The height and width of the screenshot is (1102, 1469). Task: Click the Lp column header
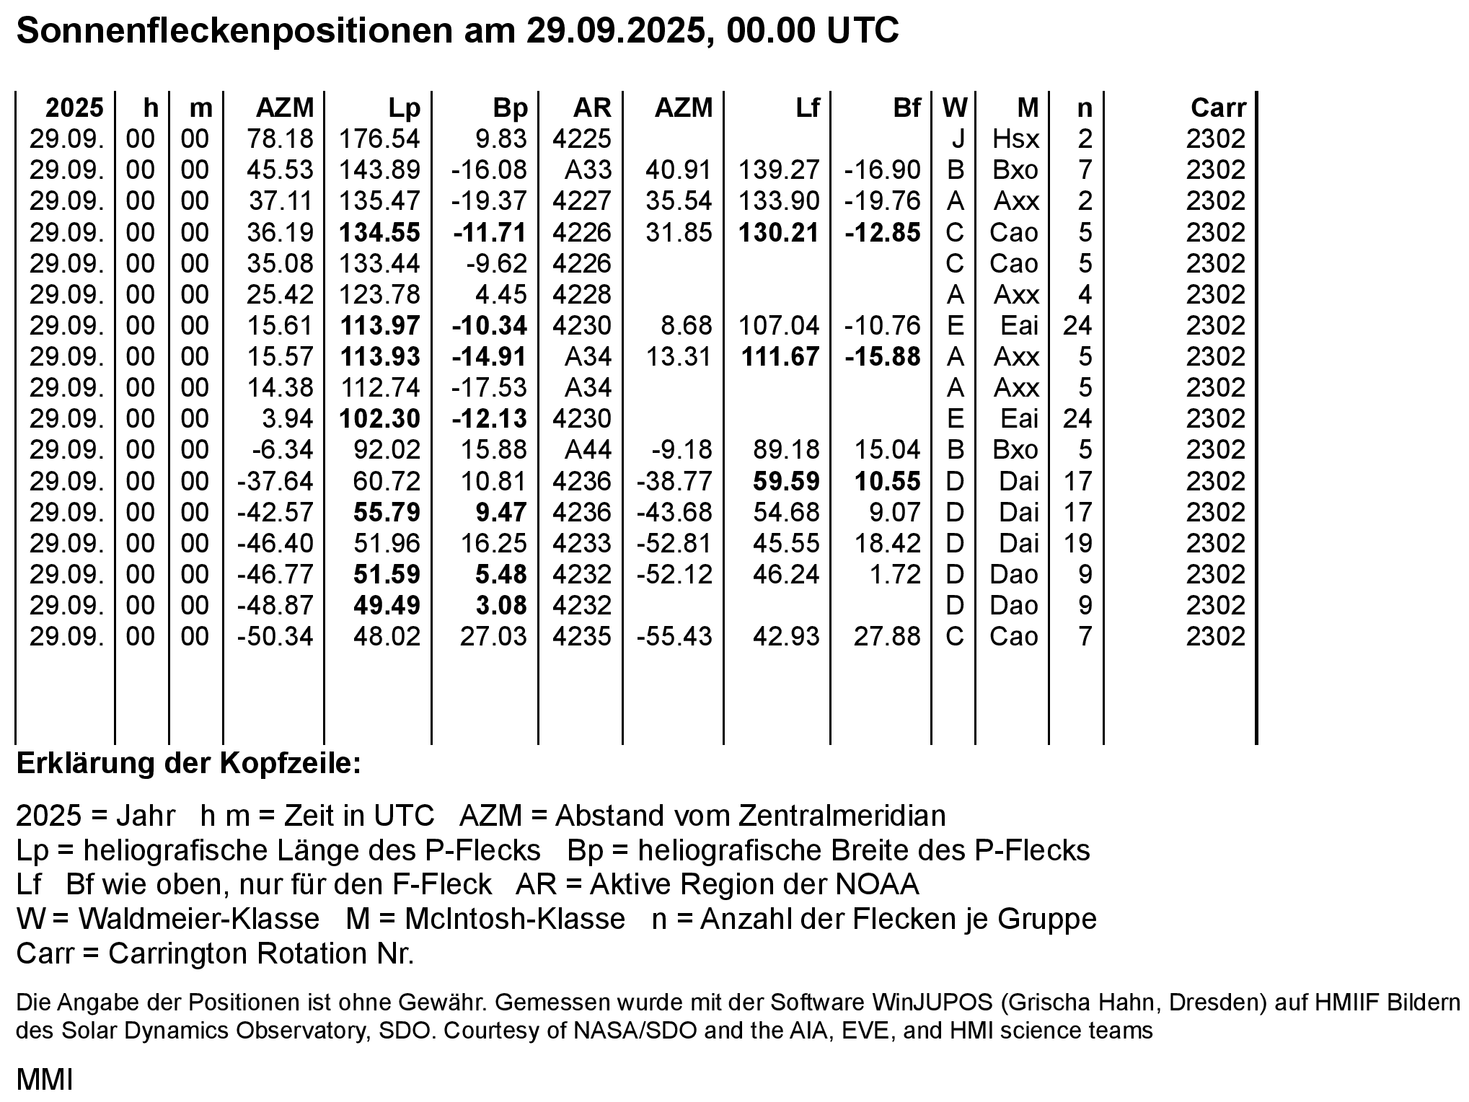(x=404, y=107)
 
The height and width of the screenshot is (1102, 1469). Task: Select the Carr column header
(x=1218, y=107)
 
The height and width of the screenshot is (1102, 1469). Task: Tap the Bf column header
(x=906, y=107)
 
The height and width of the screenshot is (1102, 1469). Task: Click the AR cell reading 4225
(x=581, y=138)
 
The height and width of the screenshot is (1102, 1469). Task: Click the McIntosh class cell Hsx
(x=1015, y=138)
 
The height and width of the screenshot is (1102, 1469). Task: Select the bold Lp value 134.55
(x=379, y=232)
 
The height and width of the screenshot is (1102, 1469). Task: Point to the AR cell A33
(x=588, y=170)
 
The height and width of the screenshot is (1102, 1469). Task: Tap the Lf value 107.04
(x=779, y=325)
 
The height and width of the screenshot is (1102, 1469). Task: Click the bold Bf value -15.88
(x=883, y=356)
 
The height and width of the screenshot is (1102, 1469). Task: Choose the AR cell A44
(x=588, y=449)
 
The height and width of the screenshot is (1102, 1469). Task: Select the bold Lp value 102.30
(x=379, y=418)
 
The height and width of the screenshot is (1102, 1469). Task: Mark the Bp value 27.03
(x=493, y=636)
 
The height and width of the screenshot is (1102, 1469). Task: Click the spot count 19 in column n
(x=1077, y=543)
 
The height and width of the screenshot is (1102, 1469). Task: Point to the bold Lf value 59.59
(x=786, y=481)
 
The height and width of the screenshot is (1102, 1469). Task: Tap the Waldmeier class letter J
(x=958, y=138)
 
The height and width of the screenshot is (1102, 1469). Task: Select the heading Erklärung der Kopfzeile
(x=188, y=763)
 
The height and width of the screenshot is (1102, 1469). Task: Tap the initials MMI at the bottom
(x=44, y=1080)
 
